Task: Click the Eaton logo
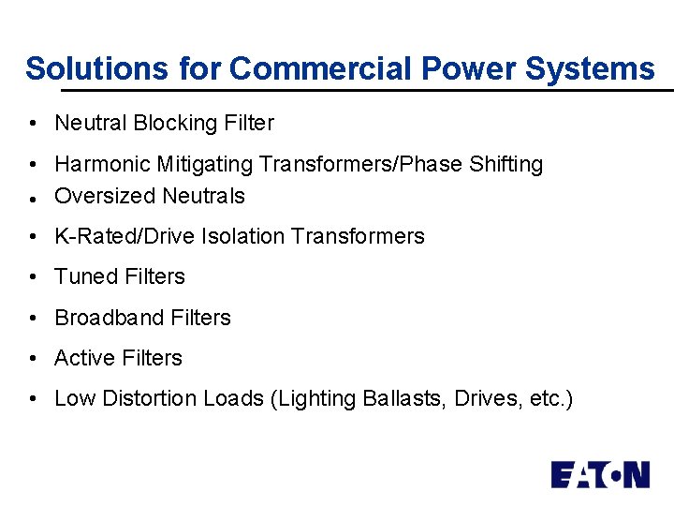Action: coord(599,475)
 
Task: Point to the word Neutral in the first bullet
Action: coord(91,123)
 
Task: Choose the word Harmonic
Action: coord(101,164)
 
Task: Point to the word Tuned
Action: coord(82,276)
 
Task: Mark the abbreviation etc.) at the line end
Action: coord(550,398)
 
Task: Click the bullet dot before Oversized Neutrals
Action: coord(33,198)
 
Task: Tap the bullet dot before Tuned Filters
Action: coord(33,277)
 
